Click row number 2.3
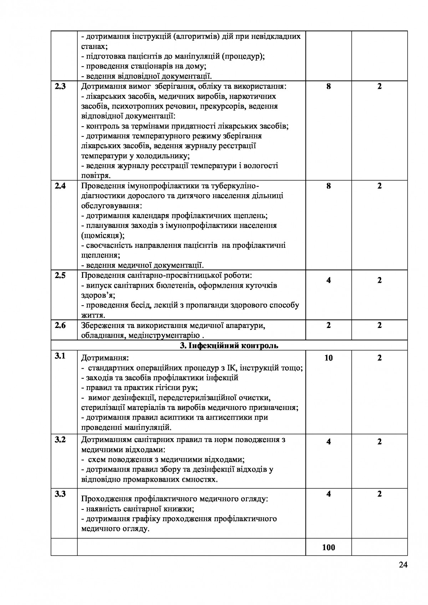point(60,86)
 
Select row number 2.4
point(60,186)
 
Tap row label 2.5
point(60,275)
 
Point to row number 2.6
point(60,325)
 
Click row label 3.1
point(60,355)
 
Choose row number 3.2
point(60,440)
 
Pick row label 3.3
point(60,494)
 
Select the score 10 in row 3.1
point(328,358)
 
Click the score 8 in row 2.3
point(328,86)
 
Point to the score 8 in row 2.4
point(328,186)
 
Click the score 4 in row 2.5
point(328,280)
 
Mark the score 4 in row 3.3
point(328,494)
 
